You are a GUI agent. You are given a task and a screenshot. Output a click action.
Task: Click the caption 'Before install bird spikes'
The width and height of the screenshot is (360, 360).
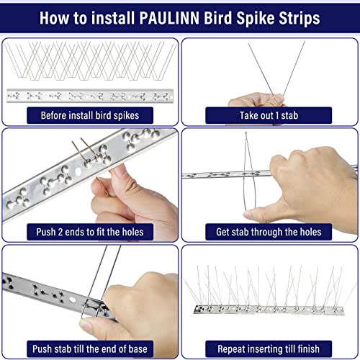(89, 114)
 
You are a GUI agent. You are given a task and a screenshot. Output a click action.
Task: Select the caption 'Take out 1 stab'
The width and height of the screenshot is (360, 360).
(269, 114)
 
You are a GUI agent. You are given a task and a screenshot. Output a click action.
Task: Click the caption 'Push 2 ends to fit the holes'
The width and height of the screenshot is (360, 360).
(89, 231)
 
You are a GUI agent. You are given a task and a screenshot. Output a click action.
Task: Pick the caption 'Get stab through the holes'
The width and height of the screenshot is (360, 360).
(269, 231)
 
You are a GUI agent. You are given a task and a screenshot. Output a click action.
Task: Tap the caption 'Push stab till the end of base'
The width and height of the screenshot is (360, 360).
(89, 348)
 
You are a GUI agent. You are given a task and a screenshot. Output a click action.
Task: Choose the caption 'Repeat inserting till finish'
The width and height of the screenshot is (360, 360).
(269, 348)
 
